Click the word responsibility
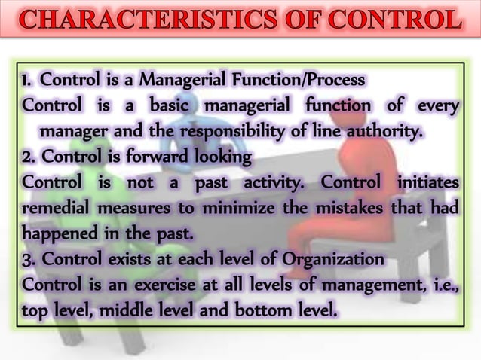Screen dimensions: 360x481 coord(223,134)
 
